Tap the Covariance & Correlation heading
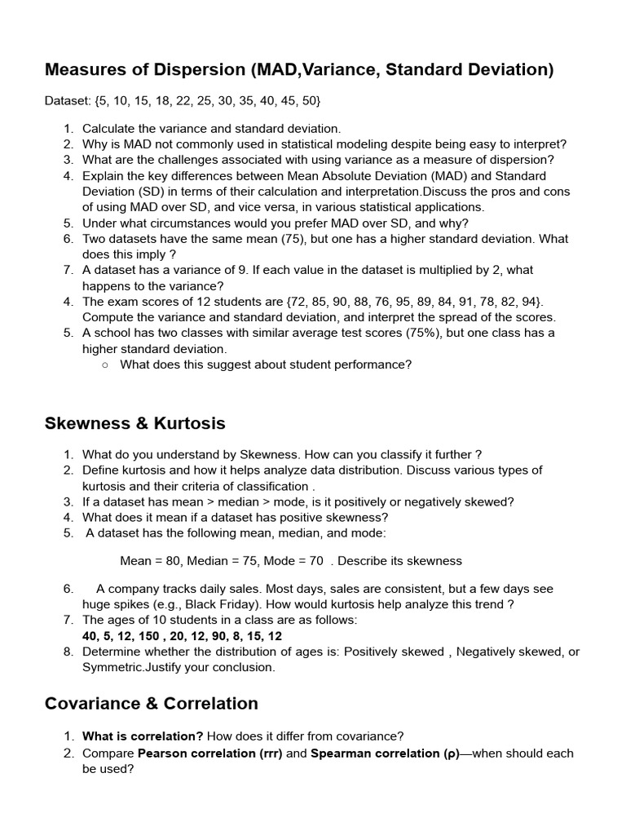pos(152,704)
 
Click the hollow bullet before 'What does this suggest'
pos(105,364)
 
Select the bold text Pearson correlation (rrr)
pos(210,753)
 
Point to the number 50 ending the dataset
pos(309,101)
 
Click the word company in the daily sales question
pos(131,589)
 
